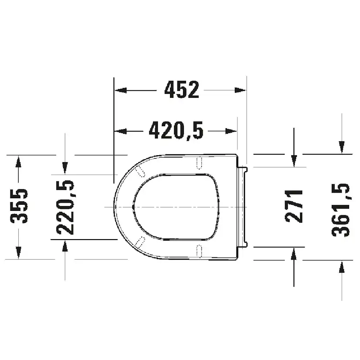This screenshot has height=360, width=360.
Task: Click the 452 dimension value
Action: [x=182, y=90]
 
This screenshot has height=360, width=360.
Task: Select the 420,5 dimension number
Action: [x=176, y=130]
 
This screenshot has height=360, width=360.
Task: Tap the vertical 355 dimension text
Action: [x=19, y=206]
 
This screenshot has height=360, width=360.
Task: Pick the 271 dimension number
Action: [x=294, y=206]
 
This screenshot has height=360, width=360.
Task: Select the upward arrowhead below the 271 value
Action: [x=294, y=253]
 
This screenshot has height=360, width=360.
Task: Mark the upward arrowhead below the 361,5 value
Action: [x=341, y=267]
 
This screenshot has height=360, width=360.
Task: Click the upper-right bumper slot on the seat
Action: [x=200, y=163]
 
